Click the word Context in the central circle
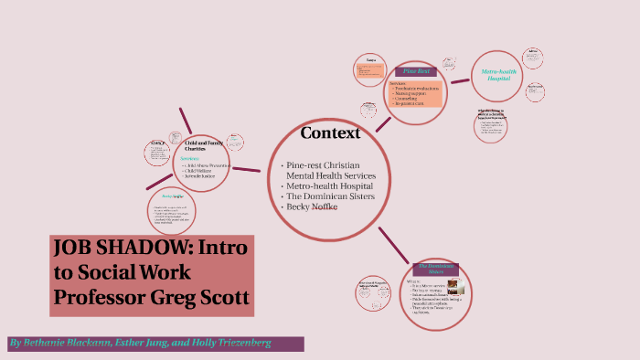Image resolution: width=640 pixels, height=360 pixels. click(330, 133)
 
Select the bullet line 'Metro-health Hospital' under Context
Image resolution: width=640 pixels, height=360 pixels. click(330, 185)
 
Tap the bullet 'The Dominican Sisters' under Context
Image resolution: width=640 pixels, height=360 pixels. click(330, 196)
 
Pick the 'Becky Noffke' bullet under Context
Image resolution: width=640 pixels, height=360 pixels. click(314, 206)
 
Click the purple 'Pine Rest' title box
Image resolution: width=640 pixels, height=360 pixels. click(418, 71)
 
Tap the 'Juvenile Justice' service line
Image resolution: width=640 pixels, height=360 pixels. click(203, 175)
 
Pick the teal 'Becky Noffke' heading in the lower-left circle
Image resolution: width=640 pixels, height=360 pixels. click(173, 196)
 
